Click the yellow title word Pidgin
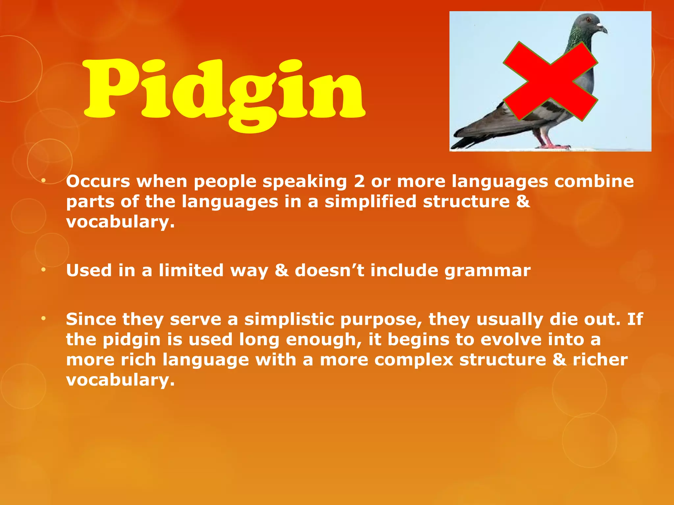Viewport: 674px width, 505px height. pyautogui.click(x=224, y=90)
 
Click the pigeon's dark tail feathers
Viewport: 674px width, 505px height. pyautogui.click(x=467, y=140)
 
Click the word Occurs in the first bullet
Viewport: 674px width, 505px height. pyautogui.click(x=98, y=181)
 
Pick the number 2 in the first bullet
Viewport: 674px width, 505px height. pyautogui.click(x=359, y=181)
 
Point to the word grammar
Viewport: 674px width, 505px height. pyautogui.click(x=487, y=271)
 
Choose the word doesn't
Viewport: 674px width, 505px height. pyautogui.click(x=329, y=270)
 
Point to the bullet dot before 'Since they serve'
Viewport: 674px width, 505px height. pyautogui.click(x=43, y=318)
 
